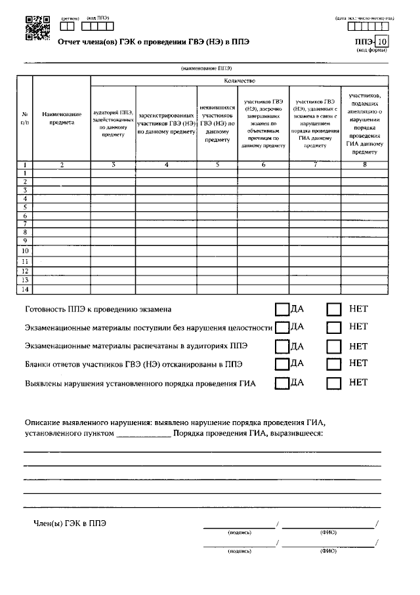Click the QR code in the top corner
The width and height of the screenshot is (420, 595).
click(x=37, y=28)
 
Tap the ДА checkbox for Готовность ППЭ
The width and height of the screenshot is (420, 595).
click(x=282, y=309)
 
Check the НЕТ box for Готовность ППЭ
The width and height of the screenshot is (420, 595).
click(x=334, y=309)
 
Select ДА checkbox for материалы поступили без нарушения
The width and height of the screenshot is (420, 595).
click(x=282, y=327)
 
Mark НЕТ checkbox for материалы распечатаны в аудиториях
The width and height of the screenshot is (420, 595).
click(x=334, y=346)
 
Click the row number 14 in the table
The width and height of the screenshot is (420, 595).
click(x=25, y=289)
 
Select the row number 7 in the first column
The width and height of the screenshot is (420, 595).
click(x=25, y=224)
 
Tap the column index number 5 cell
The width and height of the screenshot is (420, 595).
click(x=217, y=165)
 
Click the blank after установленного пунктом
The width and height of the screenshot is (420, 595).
click(x=144, y=434)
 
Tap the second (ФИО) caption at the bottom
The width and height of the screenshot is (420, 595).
click(x=328, y=551)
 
